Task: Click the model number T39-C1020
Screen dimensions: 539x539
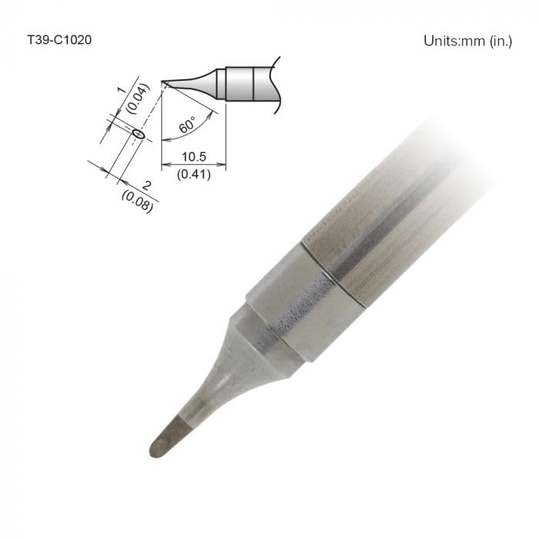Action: (x=59, y=39)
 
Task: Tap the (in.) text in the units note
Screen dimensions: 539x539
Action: (x=500, y=41)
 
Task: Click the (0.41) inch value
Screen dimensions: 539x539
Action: (x=193, y=173)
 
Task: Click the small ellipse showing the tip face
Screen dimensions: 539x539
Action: (x=139, y=134)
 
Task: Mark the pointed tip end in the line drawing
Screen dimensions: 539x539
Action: (x=163, y=83)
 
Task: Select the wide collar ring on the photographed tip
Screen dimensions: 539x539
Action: (x=304, y=304)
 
